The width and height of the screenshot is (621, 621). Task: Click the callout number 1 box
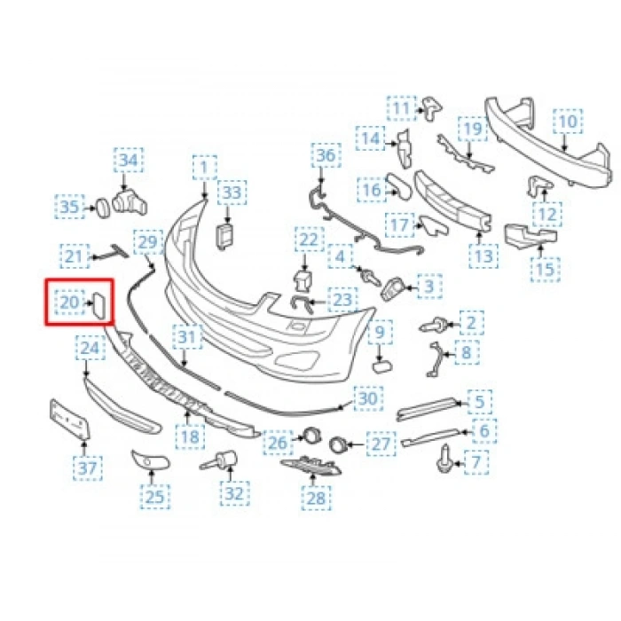pyautogui.click(x=205, y=166)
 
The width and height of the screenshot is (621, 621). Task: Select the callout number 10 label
pyautogui.click(x=567, y=121)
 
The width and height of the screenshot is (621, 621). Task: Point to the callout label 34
pyautogui.click(x=129, y=161)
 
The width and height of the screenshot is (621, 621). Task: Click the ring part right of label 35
pyautogui.click(x=102, y=207)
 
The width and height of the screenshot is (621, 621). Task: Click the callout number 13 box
pyautogui.click(x=483, y=256)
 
